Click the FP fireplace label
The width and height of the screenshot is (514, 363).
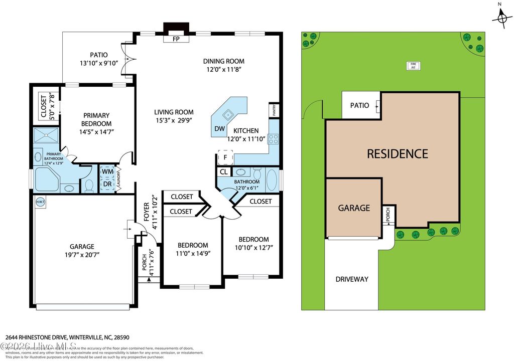point(176,39)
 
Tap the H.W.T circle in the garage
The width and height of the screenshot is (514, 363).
point(40,202)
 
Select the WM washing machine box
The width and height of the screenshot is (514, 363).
point(107,171)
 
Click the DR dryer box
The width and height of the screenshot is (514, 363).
point(107,184)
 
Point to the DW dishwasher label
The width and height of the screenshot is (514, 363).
point(219,128)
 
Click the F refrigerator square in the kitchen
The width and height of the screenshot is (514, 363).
point(225,157)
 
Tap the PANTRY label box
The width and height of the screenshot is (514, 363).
point(275,110)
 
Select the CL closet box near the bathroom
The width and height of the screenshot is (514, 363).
point(223,171)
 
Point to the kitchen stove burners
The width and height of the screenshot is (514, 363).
point(274,138)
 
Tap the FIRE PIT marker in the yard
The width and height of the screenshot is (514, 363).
point(414,65)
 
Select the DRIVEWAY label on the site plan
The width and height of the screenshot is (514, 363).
point(352,279)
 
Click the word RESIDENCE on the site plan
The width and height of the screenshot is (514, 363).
point(397,153)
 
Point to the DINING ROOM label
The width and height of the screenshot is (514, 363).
point(223,62)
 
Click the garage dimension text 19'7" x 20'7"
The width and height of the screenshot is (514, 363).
point(82,255)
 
